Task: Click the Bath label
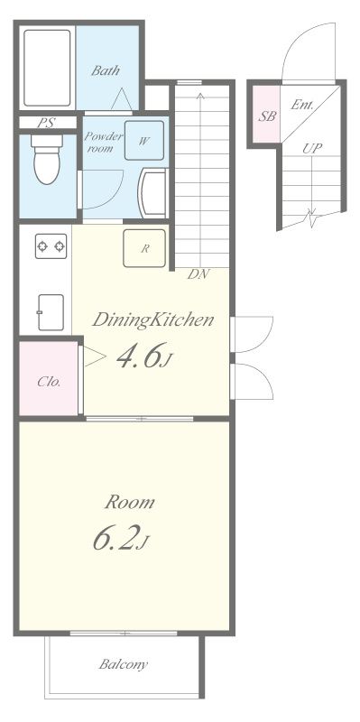click(x=106, y=70)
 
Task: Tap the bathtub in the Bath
click(x=47, y=69)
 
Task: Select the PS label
click(x=46, y=123)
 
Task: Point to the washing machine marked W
click(x=144, y=140)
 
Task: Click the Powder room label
click(x=104, y=143)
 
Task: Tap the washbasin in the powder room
click(x=153, y=193)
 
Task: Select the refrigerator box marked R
click(x=144, y=248)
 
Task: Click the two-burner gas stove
click(x=51, y=246)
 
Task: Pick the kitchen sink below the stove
click(x=51, y=312)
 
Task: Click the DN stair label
click(x=198, y=274)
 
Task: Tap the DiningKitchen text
click(x=152, y=320)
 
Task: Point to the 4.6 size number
click(x=138, y=356)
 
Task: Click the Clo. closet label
click(x=49, y=382)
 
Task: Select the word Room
click(x=129, y=502)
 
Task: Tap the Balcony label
click(x=124, y=664)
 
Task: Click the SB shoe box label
click(x=267, y=116)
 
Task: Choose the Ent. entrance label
click(x=302, y=105)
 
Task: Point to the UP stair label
click(x=312, y=148)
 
